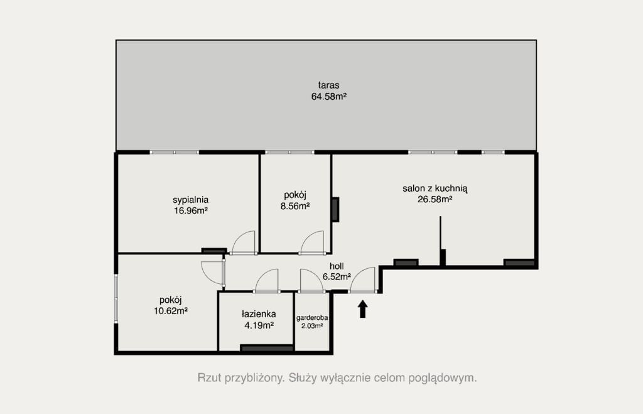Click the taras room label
328,85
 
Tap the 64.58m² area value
329,97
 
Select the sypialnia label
190,200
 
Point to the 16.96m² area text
190,211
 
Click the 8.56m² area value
295,206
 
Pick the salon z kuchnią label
435,188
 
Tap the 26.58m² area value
435,199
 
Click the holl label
337,266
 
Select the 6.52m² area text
337,277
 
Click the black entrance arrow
362,309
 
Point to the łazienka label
259,315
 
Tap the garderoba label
312,318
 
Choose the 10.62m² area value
171,311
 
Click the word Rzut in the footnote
207,378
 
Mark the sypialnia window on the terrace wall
175,152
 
